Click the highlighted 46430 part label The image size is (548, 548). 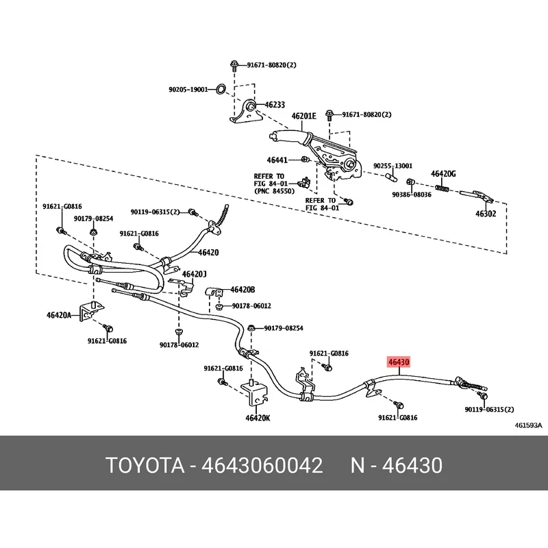399,362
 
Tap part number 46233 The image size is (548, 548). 275,105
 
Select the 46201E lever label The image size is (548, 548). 304,116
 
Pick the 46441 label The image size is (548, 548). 277,160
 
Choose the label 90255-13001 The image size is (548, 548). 393,166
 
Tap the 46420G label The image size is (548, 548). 443,174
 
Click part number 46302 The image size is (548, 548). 486,214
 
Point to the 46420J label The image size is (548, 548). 195,275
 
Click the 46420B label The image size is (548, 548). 242,290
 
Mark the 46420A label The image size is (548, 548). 59,316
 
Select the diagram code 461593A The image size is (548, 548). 528,425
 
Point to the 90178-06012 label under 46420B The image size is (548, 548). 251,306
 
